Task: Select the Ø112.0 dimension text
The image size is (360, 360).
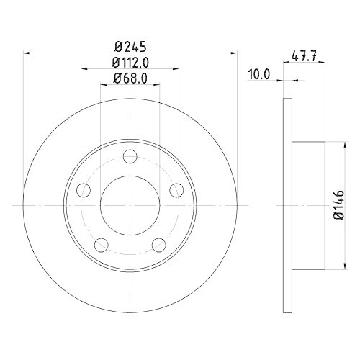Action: tap(130, 62)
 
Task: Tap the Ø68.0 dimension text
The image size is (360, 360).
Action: tap(130, 79)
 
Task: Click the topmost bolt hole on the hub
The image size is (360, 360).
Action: tap(130, 156)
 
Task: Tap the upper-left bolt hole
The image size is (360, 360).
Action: tap(84, 190)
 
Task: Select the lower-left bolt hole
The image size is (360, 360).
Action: tap(102, 245)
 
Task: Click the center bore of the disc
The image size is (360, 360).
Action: tap(130, 205)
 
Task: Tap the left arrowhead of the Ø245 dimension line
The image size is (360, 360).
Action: tap(27, 52)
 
